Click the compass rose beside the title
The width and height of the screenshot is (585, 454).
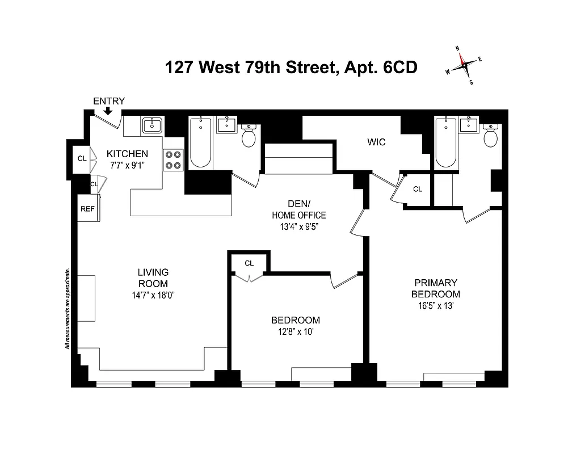point(465,65)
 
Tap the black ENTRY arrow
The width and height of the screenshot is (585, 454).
point(108,112)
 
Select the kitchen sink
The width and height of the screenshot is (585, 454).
point(151,125)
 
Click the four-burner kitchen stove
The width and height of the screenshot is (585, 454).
point(174,159)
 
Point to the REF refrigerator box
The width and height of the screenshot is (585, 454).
point(87,209)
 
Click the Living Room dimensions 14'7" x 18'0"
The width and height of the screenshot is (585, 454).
point(153,295)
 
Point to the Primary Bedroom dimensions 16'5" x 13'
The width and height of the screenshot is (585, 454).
point(436,306)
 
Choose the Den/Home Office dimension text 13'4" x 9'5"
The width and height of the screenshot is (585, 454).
point(298,226)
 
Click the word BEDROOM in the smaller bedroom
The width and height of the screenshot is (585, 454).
point(295,320)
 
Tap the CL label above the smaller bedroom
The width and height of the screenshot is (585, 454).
point(249,263)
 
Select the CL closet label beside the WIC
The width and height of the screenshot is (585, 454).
point(418,189)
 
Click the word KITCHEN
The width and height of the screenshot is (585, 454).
point(128,154)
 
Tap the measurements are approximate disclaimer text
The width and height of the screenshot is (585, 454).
point(67,308)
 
